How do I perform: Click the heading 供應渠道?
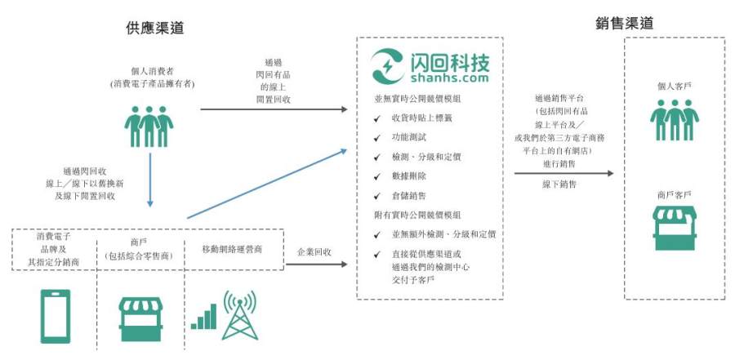tap(154, 28)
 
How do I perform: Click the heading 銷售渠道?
tap(625, 24)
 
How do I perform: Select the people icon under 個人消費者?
tap(149, 126)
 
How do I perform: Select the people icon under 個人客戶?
tap(675, 119)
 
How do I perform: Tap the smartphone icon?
tap(56, 316)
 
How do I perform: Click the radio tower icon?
tap(239, 315)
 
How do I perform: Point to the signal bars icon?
tap(204, 317)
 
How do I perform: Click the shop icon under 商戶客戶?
tap(675, 228)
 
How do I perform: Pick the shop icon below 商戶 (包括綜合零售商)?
tap(140, 319)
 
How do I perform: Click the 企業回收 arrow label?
tap(314, 251)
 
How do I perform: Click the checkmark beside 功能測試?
tap(376, 138)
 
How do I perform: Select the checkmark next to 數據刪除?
tap(376, 176)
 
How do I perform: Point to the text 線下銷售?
tap(559, 184)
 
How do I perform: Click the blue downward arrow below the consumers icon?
tap(150, 180)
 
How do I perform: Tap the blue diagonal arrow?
tap(267, 184)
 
